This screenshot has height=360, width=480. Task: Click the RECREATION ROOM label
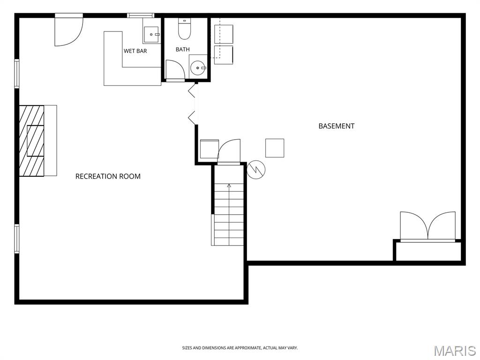click(x=108, y=176)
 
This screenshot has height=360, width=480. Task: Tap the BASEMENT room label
click(x=337, y=126)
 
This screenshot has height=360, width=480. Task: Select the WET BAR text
click(x=135, y=51)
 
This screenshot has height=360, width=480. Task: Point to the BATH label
click(x=182, y=49)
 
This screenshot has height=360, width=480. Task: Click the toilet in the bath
click(x=185, y=29)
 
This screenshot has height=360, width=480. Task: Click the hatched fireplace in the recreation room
click(x=31, y=141)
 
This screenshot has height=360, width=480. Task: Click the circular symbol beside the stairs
click(x=256, y=169)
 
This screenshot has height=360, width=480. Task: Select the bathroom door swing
click(x=175, y=70)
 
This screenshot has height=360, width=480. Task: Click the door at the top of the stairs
click(x=229, y=151)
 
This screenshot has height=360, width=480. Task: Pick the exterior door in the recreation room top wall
click(x=69, y=30)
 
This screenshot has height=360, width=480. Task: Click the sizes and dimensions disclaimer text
click(x=240, y=348)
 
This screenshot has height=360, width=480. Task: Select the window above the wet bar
click(x=141, y=15)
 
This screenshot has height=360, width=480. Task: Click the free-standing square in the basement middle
click(x=275, y=148)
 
